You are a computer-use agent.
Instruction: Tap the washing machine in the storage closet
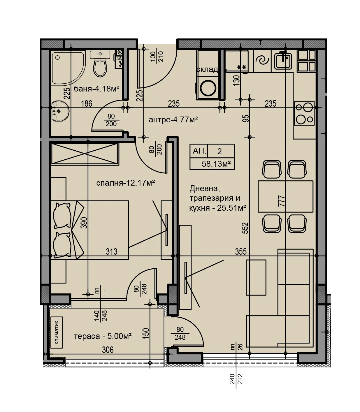point(208,88)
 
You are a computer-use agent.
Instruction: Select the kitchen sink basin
point(283,61)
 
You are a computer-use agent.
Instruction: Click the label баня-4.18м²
point(97,89)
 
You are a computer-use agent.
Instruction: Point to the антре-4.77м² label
point(173,120)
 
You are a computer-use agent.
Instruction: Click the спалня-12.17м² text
point(126,183)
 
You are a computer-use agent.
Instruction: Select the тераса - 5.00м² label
point(103,336)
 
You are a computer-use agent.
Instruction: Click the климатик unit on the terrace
point(57,332)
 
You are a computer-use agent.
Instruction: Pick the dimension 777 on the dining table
point(281,201)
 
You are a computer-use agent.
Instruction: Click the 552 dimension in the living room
point(245,228)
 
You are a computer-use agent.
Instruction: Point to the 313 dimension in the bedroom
point(111,251)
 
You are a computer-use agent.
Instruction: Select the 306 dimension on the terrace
point(108,350)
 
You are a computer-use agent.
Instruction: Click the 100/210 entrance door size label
point(157,57)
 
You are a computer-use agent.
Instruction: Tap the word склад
point(207,69)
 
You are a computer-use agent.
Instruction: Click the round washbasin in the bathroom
point(60,111)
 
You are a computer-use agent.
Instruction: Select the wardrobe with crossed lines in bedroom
point(85,154)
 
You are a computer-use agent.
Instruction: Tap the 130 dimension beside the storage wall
point(237,80)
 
